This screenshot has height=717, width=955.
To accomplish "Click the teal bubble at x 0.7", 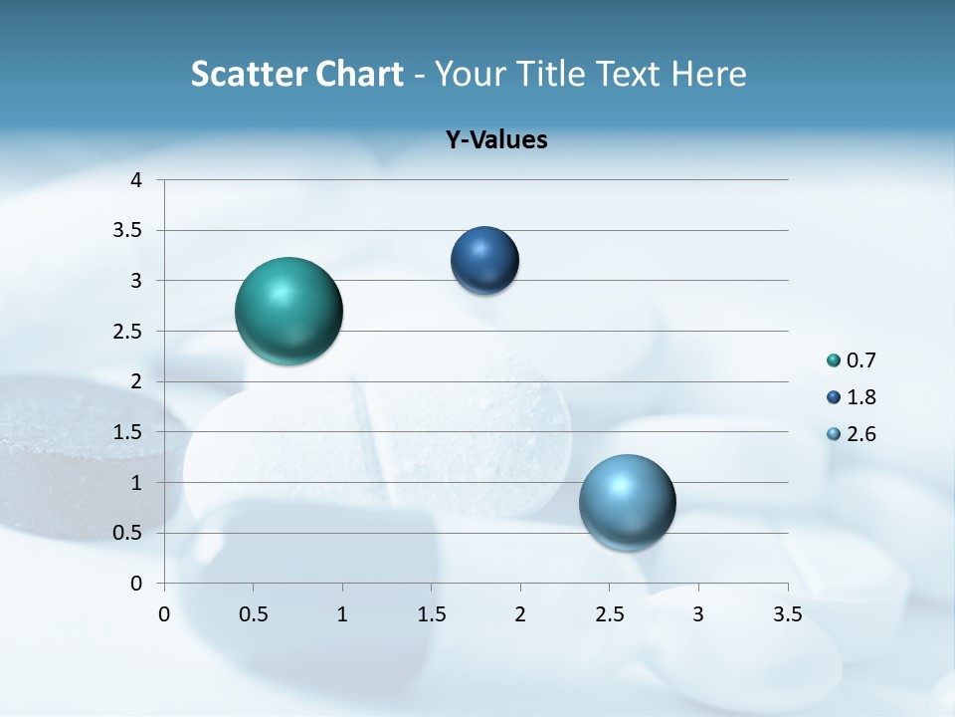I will (288, 311).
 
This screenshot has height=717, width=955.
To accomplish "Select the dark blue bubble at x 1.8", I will (484, 261).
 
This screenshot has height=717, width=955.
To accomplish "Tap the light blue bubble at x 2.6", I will (627, 502).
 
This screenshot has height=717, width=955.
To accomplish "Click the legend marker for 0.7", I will (833, 360).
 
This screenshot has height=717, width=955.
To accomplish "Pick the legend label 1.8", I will (861, 397).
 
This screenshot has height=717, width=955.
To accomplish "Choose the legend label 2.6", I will (861, 434).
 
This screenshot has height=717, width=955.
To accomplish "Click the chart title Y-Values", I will (496, 140).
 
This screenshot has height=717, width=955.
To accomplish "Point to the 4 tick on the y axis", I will (136, 180).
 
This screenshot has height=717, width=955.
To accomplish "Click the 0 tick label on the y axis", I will (136, 584).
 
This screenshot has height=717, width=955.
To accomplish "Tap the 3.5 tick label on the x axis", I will (787, 614).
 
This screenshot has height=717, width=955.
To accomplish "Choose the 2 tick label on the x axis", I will (520, 614).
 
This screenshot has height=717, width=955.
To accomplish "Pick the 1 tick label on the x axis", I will (342, 614).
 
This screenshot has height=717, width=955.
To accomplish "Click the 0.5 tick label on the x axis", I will (254, 614).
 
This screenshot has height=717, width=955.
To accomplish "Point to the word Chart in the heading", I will (360, 74).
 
